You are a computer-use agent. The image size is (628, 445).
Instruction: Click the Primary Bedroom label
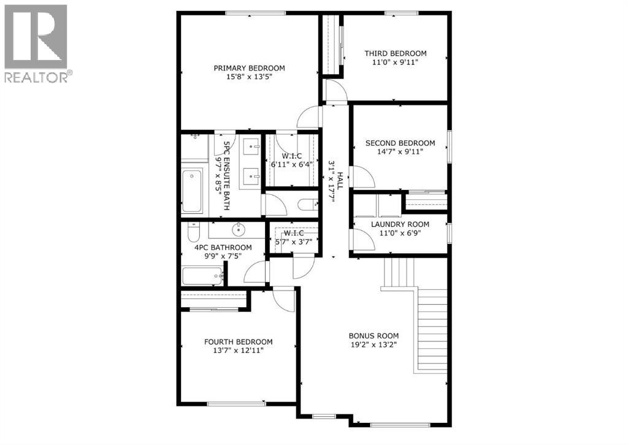(x=249, y=68)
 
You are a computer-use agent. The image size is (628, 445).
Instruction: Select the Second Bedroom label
(x=400, y=143)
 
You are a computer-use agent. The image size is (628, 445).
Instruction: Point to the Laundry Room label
(x=400, y=224)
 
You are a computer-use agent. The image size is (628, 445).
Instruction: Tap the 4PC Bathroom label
(x=223, y=248)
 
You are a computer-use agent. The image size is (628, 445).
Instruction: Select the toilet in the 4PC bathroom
(x=193, y=234)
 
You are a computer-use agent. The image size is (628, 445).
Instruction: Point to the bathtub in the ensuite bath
(x=192, y=191)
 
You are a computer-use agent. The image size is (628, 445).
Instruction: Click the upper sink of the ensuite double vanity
(x=251, y=147)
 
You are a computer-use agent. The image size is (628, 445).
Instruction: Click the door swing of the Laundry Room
(x=363, y=240)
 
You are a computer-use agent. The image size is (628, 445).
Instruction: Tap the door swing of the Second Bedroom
(x=363, y=178)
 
